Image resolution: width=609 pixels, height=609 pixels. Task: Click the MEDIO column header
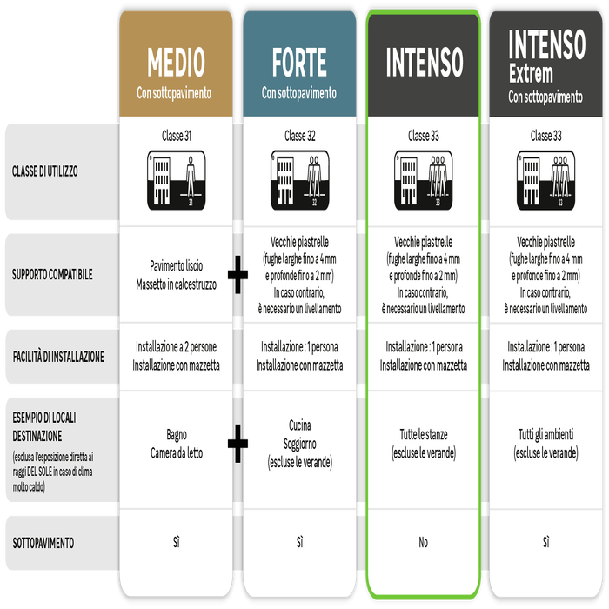point(176,64)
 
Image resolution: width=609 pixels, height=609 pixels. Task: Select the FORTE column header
point(299,64)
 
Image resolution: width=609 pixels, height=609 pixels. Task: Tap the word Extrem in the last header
point(531,74)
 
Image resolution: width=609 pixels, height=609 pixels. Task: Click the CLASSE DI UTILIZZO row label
point(45,171)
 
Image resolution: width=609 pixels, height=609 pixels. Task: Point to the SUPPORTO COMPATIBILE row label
point(52,275)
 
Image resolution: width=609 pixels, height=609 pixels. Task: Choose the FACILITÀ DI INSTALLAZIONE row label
point(58,357)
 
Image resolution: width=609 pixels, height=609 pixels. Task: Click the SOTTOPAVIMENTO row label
point(43,543)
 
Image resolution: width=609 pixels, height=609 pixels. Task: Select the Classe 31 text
point(176,136)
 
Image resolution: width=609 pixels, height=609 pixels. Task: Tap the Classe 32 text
point(299,136)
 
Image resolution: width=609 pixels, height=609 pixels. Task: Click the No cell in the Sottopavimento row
point(423,543)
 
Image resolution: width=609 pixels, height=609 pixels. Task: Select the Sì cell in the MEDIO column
point(176,543)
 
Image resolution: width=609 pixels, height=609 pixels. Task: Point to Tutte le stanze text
point(423,434)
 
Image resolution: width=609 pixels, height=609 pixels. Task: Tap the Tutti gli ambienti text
point(546,434)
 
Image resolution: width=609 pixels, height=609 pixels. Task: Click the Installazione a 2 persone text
point(176,347)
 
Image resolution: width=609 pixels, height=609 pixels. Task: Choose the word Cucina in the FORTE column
point(299,425)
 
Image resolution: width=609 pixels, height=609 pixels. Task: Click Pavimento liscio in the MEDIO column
point(176,266)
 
